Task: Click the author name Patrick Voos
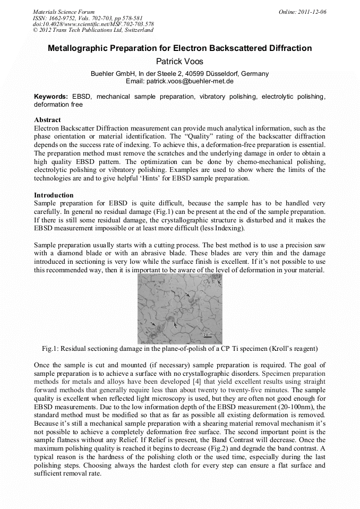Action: tap(179, 62)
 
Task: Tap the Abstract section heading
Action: tap(47, 120)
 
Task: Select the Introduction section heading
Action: tap(54, 195)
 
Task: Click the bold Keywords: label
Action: tap(51, 97)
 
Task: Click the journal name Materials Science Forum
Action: tap(64, 11)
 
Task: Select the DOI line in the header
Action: tap(93, 24)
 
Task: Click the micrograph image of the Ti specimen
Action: tap(179, 309)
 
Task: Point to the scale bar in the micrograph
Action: tap(210, 335)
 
